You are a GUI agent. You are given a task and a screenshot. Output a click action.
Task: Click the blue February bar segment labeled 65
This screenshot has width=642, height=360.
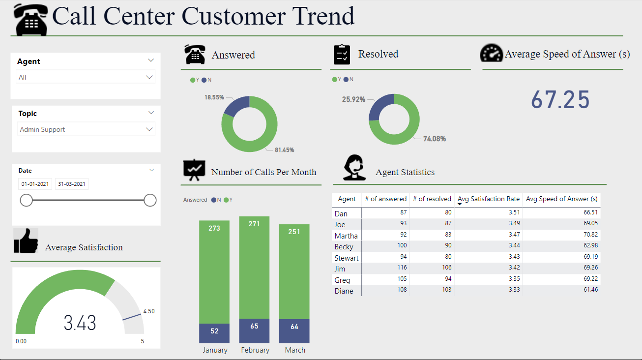tap(254, 330)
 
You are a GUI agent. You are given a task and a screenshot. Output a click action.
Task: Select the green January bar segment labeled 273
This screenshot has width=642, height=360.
tap(214, 271)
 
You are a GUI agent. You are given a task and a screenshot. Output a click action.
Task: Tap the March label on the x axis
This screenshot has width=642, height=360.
tap(295, 350)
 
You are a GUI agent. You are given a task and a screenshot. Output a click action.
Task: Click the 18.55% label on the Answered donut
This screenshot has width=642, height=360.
tap(214, 97)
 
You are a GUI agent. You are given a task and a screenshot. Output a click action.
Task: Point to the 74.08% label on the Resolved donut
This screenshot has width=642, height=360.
tap(435, 139)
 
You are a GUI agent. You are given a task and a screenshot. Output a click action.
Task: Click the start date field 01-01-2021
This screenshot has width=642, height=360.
tap(34, 184)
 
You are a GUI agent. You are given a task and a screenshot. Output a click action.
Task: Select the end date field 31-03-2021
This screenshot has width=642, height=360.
tap(72, 184)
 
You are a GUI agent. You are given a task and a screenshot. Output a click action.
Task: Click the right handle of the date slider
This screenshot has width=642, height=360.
tap(150, 200)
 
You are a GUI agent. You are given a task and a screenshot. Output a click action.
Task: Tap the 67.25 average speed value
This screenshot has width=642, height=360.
tap(560, 100)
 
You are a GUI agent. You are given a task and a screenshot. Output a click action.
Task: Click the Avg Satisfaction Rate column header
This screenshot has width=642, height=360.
tap(488, 199)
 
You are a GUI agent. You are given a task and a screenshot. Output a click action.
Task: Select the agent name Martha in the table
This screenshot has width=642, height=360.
tap(346, 236)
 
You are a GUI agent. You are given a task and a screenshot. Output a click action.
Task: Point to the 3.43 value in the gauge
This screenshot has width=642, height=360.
tap(80, 323)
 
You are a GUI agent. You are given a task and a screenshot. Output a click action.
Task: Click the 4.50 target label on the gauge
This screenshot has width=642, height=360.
tap(148, 311)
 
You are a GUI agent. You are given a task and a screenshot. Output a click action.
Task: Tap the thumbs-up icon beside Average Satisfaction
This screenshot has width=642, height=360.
tap(26, 241)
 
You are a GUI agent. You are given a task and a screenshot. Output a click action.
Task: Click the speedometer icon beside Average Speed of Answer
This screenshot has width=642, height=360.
tap(491, 53)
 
